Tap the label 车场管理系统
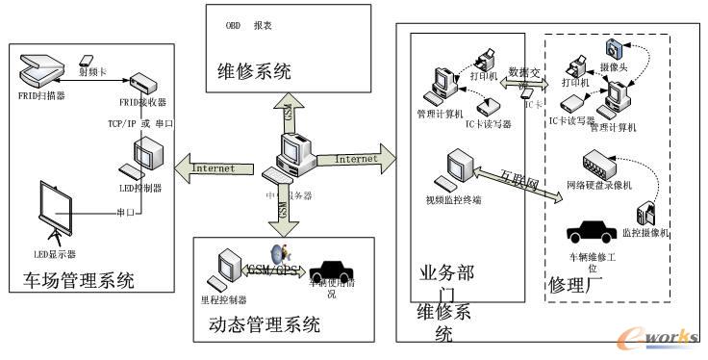[78, 281]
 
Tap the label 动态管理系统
[265, 325]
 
